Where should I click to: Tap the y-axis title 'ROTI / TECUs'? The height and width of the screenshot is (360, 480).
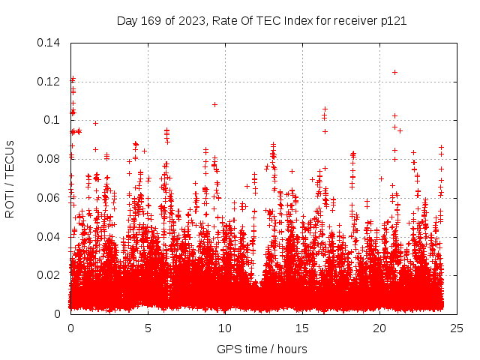point(10,178)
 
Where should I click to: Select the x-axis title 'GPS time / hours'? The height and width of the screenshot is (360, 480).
point(262,349)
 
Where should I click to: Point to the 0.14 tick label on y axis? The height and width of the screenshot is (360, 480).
point(49,43)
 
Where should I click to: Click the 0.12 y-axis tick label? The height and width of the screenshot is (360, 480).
point(49,82)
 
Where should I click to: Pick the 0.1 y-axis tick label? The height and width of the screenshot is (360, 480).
point(52,120)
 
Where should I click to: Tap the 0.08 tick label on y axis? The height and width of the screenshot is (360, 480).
point(49,159)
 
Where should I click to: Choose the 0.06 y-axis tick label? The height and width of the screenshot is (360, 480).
point(49,198)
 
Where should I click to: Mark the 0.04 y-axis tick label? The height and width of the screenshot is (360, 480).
point(49,237)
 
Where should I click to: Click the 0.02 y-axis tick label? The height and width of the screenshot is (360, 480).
point(49,275)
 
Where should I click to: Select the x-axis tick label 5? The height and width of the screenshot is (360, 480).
point(148,328)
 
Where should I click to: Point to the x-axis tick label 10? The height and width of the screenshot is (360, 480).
point(225,328)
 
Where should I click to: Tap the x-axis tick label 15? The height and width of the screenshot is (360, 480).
point(302,328)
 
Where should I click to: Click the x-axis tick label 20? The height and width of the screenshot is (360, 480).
point(379,328)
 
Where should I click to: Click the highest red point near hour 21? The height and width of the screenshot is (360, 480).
point(394,72)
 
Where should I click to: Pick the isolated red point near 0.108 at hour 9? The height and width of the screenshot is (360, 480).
point(214,104)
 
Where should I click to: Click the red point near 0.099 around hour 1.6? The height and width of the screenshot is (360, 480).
point(95,123)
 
